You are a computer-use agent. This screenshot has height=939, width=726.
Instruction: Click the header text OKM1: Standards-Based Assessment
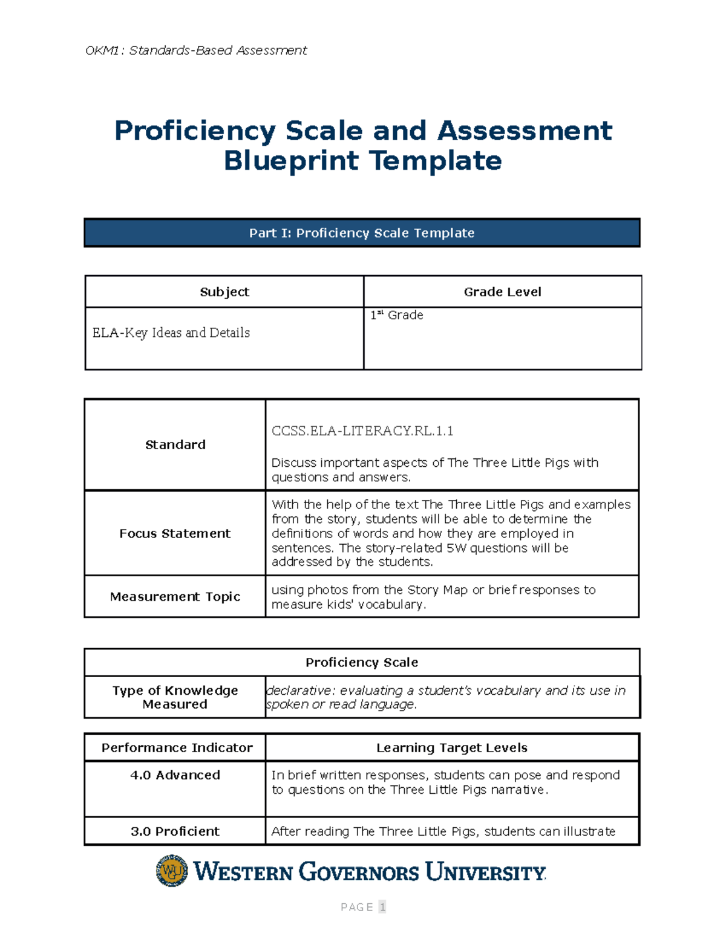point(196,50)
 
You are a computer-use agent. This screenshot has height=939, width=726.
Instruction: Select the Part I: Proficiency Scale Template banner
point(362,233)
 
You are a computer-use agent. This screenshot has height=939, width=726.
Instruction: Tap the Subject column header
point(224,292)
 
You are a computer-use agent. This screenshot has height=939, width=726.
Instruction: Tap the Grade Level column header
point(502,292)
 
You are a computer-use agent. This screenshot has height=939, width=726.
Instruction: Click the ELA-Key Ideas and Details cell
point(171,333)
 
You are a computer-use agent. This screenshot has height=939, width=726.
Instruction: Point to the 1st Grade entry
point(397,315)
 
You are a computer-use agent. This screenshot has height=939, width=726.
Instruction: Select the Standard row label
point(175,445)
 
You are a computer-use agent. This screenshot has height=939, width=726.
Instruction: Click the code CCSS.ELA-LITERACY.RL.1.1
point(362,431)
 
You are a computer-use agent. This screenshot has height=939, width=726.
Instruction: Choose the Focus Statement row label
point(175,533)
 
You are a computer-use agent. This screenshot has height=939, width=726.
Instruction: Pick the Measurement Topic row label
point(175,597)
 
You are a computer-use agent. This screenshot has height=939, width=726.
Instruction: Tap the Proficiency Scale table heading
point(362,663)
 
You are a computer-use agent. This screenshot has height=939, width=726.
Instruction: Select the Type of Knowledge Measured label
point(175,697)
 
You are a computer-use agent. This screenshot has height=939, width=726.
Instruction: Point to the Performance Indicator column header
point(177,748)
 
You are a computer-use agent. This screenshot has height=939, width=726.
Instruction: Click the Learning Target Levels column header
point(452,748)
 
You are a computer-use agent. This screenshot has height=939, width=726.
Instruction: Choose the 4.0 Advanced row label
point(175,775)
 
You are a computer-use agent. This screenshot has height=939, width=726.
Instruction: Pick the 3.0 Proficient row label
point(175,831)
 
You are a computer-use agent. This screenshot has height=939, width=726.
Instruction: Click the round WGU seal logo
point(172,871)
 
